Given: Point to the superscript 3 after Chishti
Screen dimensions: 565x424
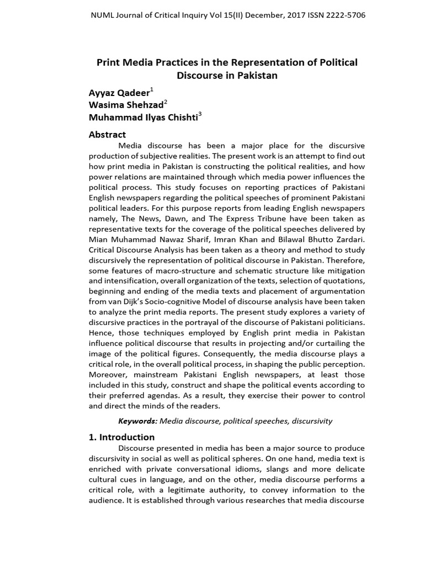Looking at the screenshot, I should tap(200, 114).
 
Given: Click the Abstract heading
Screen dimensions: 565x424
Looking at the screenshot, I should tap(107, 134).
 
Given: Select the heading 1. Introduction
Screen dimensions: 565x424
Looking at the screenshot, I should tap(121, 437).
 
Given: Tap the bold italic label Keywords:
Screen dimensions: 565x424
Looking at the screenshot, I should tap(138, 421).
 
